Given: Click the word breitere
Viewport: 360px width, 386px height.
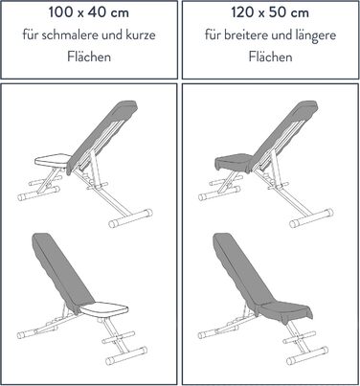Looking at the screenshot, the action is [x=245, y=34].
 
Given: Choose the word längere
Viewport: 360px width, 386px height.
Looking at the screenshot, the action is [x=316, y=35].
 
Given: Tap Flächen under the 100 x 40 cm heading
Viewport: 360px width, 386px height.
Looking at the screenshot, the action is [x=89, y=57].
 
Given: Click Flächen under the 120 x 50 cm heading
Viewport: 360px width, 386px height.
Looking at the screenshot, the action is [x=270, y=57].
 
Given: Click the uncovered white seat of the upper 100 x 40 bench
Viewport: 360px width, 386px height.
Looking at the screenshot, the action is [x=53, y=160].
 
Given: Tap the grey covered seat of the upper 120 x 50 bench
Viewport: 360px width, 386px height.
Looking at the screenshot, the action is [x=234, y=162].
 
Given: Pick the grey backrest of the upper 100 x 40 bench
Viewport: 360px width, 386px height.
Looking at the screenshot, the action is [x=102, y=136].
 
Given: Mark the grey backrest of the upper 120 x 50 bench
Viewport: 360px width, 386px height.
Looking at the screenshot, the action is [x=282, y=136].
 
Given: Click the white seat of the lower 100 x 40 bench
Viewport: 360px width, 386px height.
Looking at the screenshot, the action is [x=104, y=309].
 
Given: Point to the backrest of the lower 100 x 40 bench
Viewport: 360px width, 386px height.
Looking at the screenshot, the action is [x=62, y=271].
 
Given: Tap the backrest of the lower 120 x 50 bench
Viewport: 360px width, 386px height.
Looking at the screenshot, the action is [x=243, y=271].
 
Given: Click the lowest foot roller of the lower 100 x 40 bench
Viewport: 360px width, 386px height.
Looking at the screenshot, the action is [x=126, y=355].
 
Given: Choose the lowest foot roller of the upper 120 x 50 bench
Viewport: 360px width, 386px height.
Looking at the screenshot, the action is [x=311, y=217].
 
